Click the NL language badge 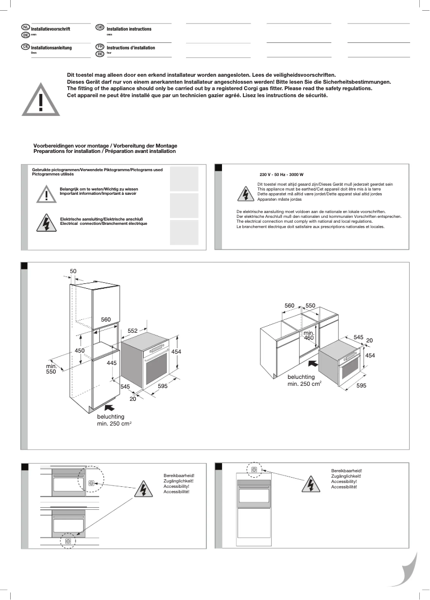[26, 27]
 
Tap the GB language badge [100, 27]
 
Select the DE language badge [26, 47]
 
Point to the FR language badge [100, 47]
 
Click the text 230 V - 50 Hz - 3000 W [281, 175]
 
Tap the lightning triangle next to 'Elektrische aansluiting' [47, 222]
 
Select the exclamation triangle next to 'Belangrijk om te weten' [47, 194]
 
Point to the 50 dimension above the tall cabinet [73, 271]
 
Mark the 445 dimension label [112, 363]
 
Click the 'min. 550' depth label [51, 369]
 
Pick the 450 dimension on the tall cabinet [79, 350]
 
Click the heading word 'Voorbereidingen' [53, 146]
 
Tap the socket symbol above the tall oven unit [254, 470]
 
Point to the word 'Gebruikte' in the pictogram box [41, 170]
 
